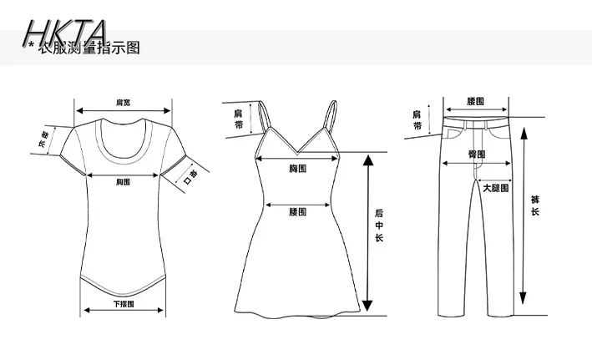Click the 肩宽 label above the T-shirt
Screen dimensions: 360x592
point(123,102)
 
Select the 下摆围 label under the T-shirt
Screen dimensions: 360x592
point(124,304)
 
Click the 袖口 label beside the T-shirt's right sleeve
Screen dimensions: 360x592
point(189,177)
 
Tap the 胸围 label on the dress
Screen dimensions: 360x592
point(297,170)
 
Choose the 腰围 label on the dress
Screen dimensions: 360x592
point(297,212)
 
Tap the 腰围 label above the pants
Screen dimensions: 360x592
point(475,102)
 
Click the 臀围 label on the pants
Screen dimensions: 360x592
point(476,155)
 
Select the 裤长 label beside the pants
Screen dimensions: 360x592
point(534,205)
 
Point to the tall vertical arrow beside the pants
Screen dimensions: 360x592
point(523,215)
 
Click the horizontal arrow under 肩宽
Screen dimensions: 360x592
point(124,109)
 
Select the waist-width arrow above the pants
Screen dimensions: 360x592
point(475,109)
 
